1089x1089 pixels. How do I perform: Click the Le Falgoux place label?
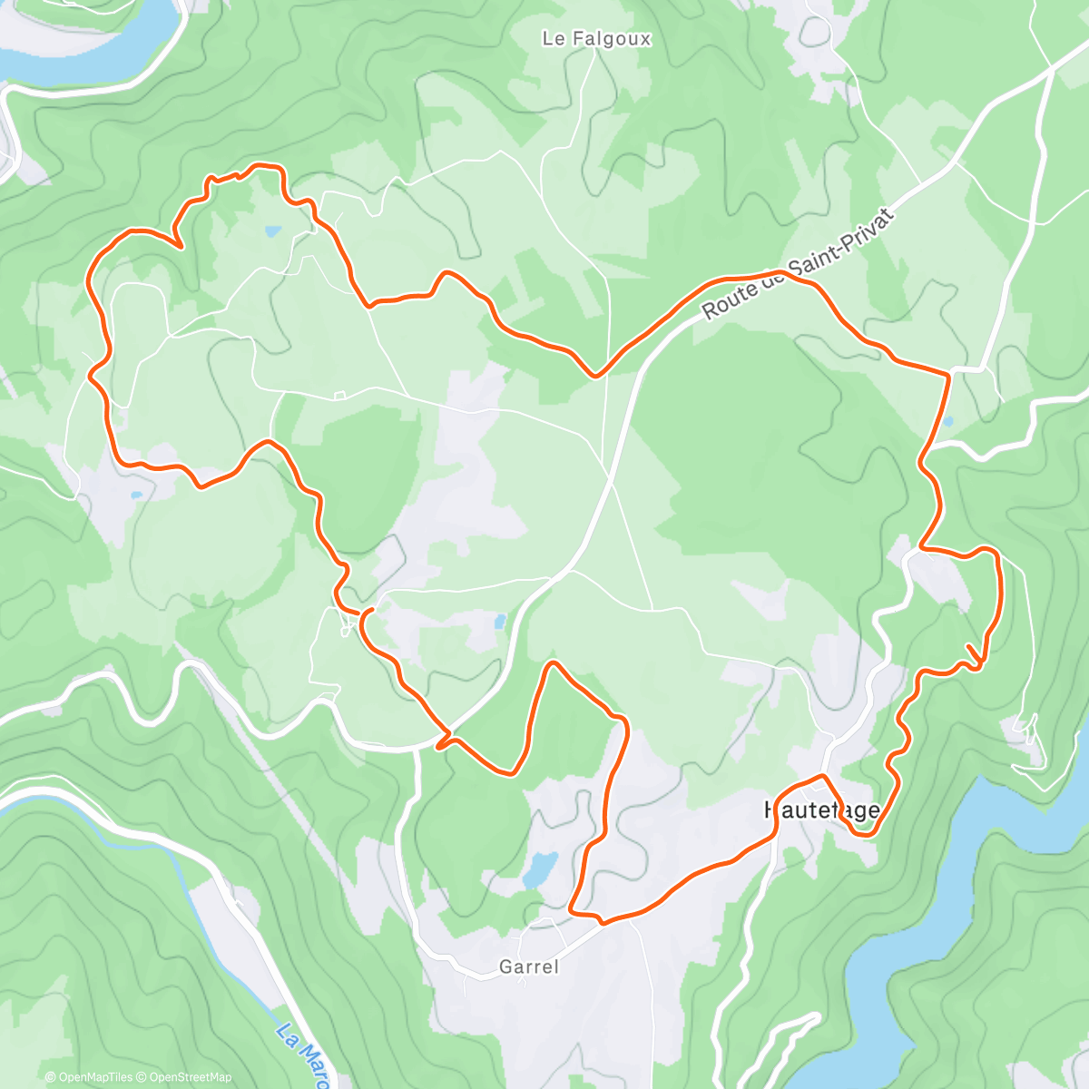point(596,39)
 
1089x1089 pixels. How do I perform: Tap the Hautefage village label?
point(822,809)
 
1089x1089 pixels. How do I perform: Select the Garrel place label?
point(529,967)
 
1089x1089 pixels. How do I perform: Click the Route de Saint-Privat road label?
point(798,264)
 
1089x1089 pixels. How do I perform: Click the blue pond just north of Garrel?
point(540,868)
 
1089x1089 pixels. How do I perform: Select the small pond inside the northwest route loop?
point(272,231)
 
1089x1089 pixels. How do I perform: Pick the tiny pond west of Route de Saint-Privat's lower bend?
point(500,622)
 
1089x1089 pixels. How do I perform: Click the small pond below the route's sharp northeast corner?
point(948,422)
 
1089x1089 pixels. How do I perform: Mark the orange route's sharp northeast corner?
point(949,373)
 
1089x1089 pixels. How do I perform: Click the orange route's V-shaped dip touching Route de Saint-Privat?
point(595,374)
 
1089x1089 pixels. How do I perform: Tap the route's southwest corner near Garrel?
point(573,909)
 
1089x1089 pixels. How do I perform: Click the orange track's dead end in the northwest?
point(181,245)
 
